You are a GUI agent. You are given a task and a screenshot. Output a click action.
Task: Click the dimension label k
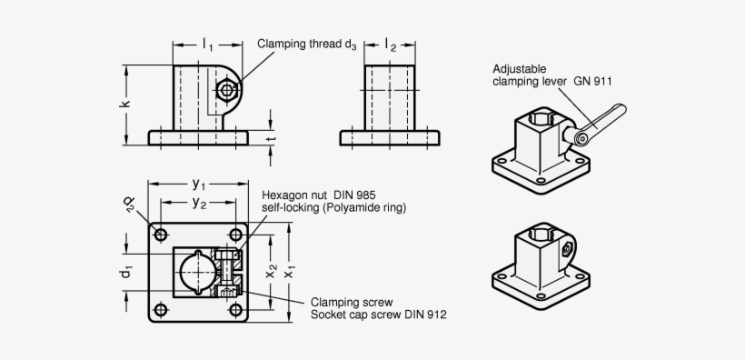coord(126,104)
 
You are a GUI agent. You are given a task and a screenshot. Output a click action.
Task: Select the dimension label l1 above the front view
coord(208,44)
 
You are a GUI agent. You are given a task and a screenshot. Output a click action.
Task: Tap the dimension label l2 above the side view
coord(390,44)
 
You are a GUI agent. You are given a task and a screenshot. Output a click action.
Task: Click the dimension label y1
coord(197,184)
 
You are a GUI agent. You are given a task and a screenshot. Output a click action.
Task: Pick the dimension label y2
coord(197,204)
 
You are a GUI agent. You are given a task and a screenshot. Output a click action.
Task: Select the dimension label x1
coord(291,272)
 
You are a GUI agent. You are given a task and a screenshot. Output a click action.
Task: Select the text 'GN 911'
coord(592,81)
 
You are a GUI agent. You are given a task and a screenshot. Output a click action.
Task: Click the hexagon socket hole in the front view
coord(228,90)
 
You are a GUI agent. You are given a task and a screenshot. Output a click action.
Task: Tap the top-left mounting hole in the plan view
coord(161,235)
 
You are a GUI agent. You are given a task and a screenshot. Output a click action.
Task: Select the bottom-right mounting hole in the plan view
coord(236,310)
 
